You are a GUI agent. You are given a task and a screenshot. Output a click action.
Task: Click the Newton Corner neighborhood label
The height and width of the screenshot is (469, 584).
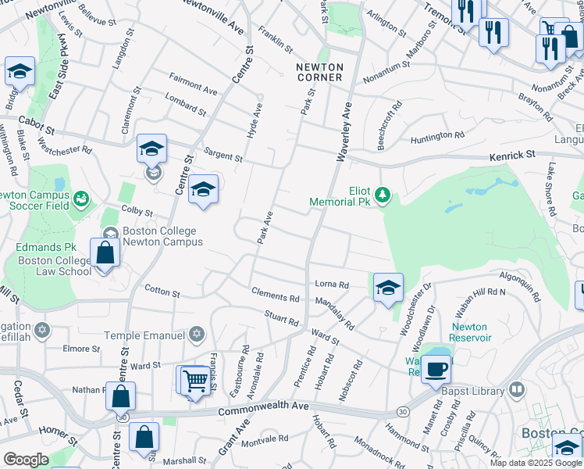tap(319, 73)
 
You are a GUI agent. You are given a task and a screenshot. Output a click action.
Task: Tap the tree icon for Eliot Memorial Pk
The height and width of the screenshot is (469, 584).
tap(382, 194)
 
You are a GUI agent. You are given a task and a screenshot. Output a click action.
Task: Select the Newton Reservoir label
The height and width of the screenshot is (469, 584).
tap(470, 332)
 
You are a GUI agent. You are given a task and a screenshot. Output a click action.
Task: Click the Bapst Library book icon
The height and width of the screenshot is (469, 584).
tap(516, 388)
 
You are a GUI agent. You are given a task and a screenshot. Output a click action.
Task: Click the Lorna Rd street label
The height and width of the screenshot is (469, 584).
tap(331, 285)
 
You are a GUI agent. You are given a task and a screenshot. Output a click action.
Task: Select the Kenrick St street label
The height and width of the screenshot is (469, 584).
tap(512, 156)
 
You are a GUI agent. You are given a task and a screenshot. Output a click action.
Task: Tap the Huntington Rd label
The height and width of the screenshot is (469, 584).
tap(437, 138)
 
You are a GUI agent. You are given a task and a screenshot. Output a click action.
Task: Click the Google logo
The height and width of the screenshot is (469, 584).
tap(26, 459)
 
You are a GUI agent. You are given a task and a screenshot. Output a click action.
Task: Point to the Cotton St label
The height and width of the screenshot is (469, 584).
tap(162, 291)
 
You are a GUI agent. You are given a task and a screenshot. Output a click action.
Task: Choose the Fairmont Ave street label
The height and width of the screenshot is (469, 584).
tap(194, 84)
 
